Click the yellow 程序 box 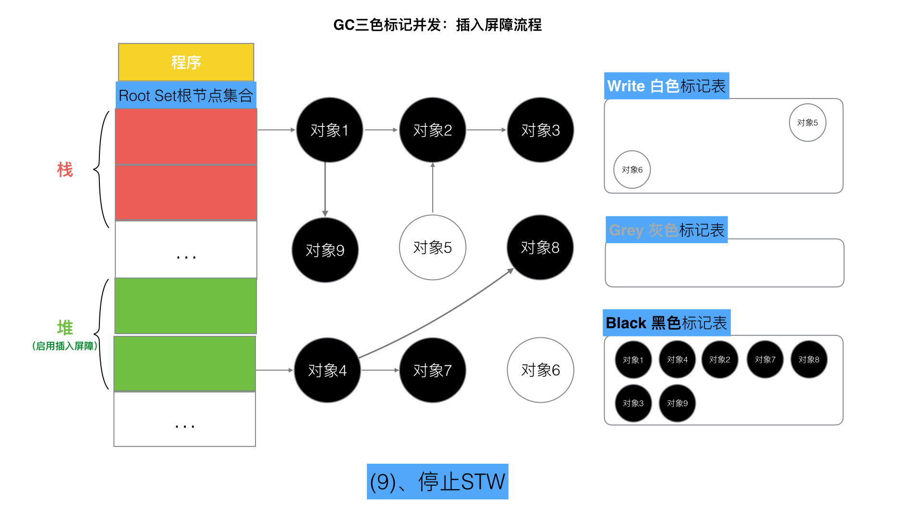point(186,62)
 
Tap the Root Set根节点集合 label point(186,95)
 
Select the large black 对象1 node point(329,130)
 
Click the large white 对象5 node point(432,247)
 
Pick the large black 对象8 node point(540,247)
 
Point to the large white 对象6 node point(540,370)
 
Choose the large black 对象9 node point(325,250)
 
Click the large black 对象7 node point(432,370)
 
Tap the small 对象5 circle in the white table point(807,123)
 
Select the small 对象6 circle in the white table point(632,170)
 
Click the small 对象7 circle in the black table point(765,359)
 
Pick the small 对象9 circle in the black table point(677,403)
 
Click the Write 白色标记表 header point(667,86)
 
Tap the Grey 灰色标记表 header point(667,230)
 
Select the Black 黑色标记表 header point(667,323)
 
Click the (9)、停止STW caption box point(437,482)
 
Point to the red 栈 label point(65,170)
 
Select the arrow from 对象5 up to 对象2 point(433,188)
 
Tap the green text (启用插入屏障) point(65,346)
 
